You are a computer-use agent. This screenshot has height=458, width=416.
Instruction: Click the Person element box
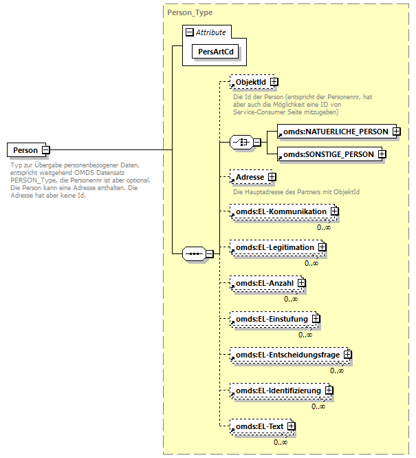pos(25,149)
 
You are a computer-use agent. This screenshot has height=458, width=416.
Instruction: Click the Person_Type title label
pos(190,12)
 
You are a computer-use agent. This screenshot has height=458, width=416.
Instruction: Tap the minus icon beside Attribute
pos(189,32)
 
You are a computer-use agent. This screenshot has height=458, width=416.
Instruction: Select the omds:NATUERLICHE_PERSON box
pos(331,131)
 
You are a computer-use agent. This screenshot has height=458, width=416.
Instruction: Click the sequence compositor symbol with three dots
pos(194,253)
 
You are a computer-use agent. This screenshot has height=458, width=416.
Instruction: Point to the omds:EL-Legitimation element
pos(274,247)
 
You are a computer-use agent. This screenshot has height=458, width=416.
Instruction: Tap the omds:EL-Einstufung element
pos(270,319)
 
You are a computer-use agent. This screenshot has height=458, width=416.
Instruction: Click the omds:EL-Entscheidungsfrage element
pos(287,355)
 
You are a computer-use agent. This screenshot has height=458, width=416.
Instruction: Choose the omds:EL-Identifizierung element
pos(278,391)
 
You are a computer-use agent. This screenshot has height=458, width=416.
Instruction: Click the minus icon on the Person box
pos(45,149)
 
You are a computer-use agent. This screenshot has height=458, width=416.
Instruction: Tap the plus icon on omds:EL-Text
pos(292,426)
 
